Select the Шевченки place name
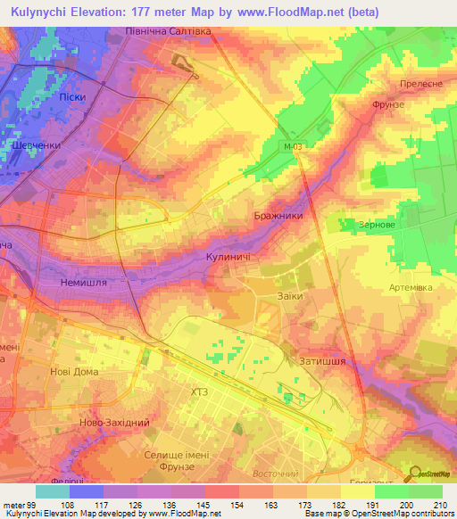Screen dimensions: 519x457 click(37, 146)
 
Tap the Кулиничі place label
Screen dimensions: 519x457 click(228, 257)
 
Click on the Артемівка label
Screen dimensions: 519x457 click(411, 286)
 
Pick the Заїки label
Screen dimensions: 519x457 click(290, 296)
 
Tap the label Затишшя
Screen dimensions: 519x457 click(322, 361)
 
